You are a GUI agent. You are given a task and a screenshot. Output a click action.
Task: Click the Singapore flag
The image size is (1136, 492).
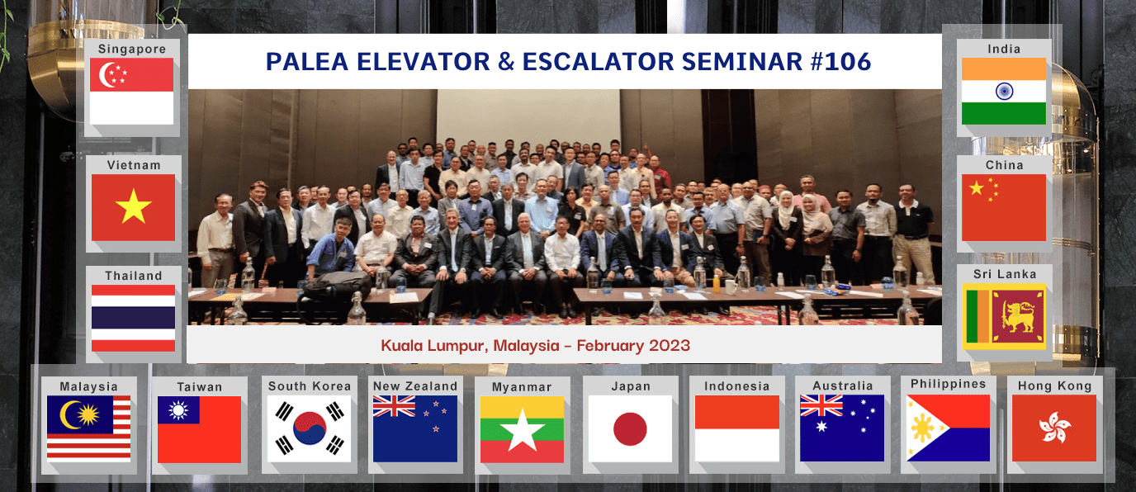click(132, 92)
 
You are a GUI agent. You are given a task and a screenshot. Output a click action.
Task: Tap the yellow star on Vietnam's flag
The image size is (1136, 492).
click(134, 207)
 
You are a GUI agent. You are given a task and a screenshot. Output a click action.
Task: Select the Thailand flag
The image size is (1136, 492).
click(134, 318)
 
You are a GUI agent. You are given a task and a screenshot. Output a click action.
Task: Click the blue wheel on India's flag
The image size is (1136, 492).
click(1004, 92)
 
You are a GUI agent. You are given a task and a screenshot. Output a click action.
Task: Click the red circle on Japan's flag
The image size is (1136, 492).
click(630, 428)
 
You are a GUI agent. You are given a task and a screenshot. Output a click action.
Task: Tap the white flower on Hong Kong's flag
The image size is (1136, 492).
click(1055, 427)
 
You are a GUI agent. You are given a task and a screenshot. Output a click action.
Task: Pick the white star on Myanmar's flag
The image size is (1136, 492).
click(523, 430)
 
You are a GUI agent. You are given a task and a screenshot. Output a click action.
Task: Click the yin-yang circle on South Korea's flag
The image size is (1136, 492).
click(310, 428)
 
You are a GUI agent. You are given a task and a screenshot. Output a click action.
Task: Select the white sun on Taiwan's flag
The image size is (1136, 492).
click(178, 409)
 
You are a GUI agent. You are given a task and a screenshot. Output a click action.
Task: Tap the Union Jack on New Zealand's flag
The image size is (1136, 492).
click(394, 406)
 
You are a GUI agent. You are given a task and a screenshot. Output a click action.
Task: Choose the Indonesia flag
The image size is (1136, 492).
click(737, 428)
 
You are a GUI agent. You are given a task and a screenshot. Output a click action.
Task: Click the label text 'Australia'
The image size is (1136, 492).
click(843, 386)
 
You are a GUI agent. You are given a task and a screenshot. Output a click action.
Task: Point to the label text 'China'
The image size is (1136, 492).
click(1004, 165)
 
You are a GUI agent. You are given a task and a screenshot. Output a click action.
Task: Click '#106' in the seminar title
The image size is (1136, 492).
click(840, 61)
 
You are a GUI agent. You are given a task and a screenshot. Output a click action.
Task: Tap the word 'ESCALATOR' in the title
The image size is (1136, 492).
click(598, 61)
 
